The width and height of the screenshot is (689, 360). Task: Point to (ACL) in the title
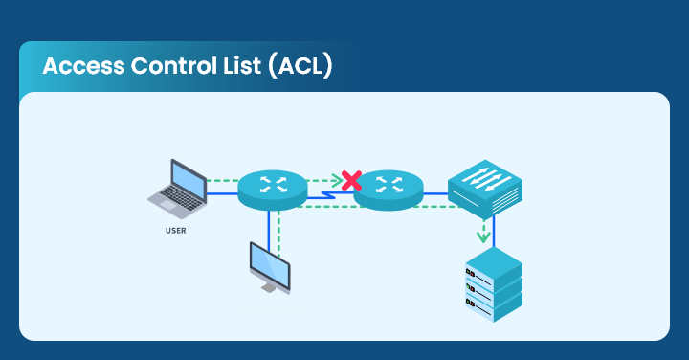(x=300, y=67)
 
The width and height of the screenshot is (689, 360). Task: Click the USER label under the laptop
(x=176, y=230)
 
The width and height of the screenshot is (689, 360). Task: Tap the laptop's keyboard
(x=173, y=198)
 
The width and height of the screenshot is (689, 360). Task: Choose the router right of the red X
(x=389, y=187)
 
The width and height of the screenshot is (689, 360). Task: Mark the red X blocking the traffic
(x=351, y=179)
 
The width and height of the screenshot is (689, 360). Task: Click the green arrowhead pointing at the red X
(x=337, y=179)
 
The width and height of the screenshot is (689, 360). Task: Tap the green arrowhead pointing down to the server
(x=484, y=236)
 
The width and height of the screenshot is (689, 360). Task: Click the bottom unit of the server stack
(x=494, y=305)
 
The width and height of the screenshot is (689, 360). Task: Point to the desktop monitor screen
(x=268, y=260)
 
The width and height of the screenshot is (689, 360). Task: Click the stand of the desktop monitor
(x=272, y=286)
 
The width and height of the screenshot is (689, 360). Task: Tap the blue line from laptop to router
(x=222, y=193)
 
